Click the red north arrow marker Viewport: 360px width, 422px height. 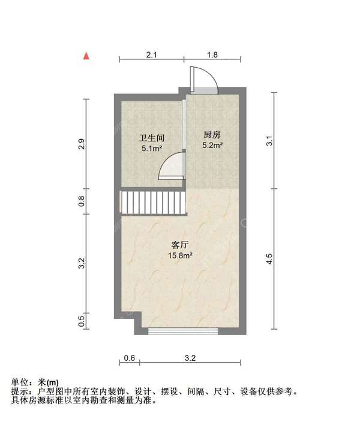[x=87, y=56]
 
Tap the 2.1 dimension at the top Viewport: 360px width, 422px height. [x=151, y=55]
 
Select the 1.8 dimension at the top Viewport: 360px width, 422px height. [x=212, y=55]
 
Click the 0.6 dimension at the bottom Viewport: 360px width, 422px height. [x=129, y=358]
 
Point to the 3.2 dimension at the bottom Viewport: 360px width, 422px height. [x=190, y=358]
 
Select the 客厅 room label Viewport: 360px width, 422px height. [x=181, y=245]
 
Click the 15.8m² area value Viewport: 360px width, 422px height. [x=181, y=255]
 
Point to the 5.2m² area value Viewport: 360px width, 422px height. [x=212, y=145]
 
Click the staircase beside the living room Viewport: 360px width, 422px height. [x=151, y=203]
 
